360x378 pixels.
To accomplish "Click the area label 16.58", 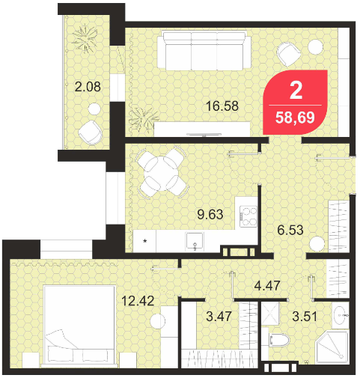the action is pyautogui.click(x=222, y=106).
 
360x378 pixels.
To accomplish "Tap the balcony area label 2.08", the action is pyautogui.click(x=88, y=87).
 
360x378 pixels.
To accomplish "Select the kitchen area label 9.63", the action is pyautogui.click(x=210, y=214).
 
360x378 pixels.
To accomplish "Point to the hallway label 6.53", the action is pyautogui.click(x=290, y=230).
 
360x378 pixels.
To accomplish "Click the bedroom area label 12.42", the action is pyautogui.click(x=138, y=301).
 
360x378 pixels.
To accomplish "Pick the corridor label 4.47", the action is pyautogui.click(x=267, y=285).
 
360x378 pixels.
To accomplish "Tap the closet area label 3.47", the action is pyautogui.click(x=219, y=316).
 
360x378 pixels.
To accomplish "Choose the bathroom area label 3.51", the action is pyautogui.click(x=305, y=317).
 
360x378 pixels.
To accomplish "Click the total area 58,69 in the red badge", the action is pyautogui.click(x=295, y=118).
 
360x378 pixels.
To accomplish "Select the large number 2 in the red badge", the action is pyautogui.click(x=296, y=91).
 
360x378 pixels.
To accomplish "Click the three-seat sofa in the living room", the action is pyautogui.click(x=204, y=50).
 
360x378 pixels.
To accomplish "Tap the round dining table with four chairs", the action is pyautogui.click(x=162, y=172).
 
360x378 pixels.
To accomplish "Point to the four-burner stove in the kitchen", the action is pyautogui.click(x=248, y=216).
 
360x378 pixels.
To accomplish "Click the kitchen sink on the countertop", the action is pyautogui.click(x=195, y=242).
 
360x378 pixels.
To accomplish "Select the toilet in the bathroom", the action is pyautogui.click(x=279, y=340).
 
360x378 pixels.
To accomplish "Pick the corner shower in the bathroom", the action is pyautogui.click(x=332, y=347).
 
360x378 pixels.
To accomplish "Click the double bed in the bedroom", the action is pyautogui.click(x=79, y=326).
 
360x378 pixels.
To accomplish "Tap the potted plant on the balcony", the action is pyautogui.click(x=85, y=38).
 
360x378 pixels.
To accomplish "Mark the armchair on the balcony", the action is pyautogui.click(x=91, y=132).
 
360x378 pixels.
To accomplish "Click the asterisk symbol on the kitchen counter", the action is pyautogui.click(x=144, y=241).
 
